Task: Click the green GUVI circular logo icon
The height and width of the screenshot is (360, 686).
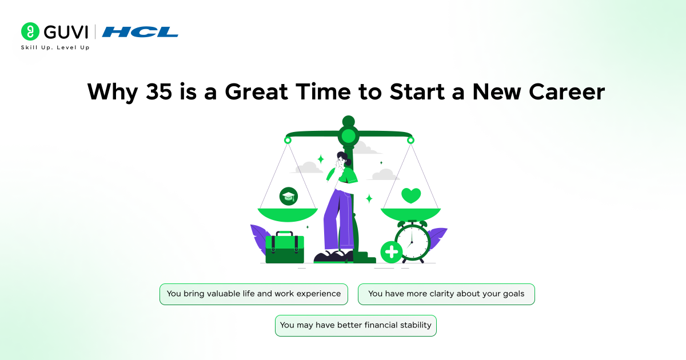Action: click(x=29, y=31)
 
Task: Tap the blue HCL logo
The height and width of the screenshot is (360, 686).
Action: click(x=140, y=32)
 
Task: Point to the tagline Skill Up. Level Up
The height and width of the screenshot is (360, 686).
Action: click(x=55, y=47)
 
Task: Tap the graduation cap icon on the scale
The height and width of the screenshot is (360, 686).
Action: click(x=288, y=197)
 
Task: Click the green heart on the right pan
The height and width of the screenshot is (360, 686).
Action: click(x=410, y=196)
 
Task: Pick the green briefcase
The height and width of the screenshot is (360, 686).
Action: click(x=284, y=247)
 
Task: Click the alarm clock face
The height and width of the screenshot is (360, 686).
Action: click(x=412, y=242)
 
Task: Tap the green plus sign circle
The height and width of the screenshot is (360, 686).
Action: click(x=392, y=251)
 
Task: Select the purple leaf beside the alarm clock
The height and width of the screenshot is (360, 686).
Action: click(x=437, y=237)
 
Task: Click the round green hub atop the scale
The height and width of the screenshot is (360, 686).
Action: click(x=348, y=136)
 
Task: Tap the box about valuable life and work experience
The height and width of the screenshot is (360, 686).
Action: click(x=253, y=294)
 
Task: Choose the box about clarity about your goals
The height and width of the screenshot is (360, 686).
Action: click(x=446, y=294)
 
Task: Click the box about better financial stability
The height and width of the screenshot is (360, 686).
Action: click(x=356, y=325)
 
